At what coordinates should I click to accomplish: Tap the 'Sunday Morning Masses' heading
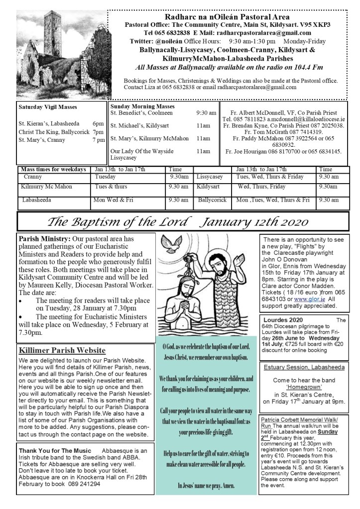142,106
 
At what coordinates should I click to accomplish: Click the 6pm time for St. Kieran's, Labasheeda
98,123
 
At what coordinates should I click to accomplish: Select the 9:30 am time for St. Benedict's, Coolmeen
206,113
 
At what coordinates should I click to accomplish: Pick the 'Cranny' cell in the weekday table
33,177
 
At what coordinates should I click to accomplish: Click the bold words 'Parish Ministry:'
43,238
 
